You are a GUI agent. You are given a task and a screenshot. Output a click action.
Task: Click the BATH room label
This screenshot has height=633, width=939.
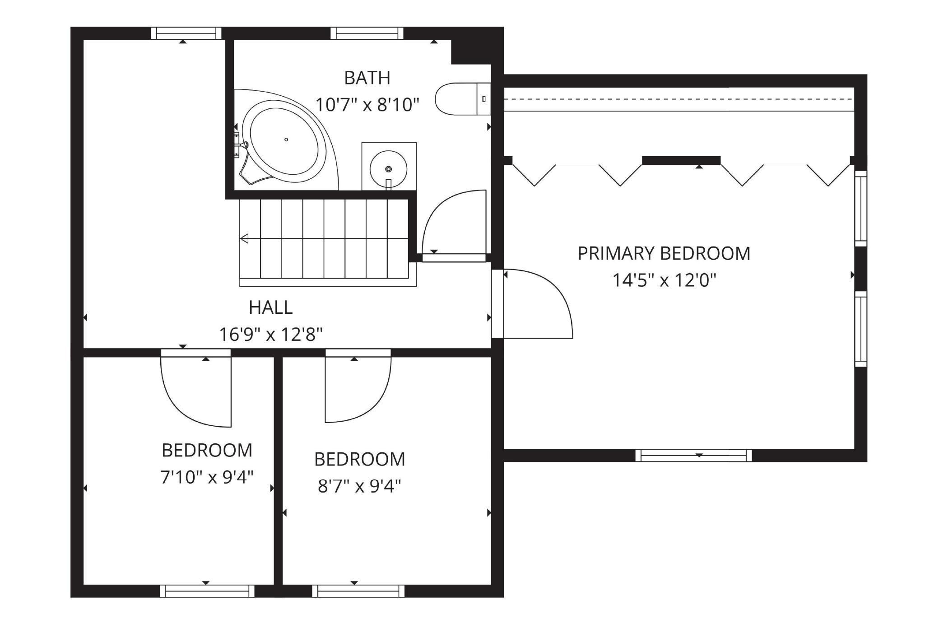[367, 78]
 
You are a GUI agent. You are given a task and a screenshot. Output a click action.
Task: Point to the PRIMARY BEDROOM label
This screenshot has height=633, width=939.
[664, 253]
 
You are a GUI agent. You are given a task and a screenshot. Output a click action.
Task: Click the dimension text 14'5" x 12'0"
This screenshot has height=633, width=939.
[664, 280]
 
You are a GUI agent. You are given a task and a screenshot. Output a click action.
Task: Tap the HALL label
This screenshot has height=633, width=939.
[270, 307]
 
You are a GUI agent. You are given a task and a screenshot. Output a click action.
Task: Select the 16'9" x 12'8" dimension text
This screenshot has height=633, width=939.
[270, 335]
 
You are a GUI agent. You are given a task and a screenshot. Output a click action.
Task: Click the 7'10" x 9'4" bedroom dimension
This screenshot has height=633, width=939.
[207, 477]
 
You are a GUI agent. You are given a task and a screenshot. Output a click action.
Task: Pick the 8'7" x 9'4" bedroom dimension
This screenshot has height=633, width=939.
[359, 486]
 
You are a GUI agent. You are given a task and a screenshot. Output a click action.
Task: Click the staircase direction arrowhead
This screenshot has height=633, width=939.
[244, 238]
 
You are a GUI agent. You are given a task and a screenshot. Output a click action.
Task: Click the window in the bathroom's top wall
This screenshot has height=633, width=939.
[367, 33]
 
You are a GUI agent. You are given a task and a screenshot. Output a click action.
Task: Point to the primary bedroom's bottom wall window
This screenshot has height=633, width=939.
[694, 455]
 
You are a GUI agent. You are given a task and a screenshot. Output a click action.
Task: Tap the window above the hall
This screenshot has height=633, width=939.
[186, 33]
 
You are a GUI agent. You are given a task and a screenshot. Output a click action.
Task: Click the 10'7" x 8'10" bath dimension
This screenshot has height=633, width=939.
[367, 105]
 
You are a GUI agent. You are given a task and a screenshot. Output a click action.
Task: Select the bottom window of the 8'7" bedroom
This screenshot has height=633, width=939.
[358, 591]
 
